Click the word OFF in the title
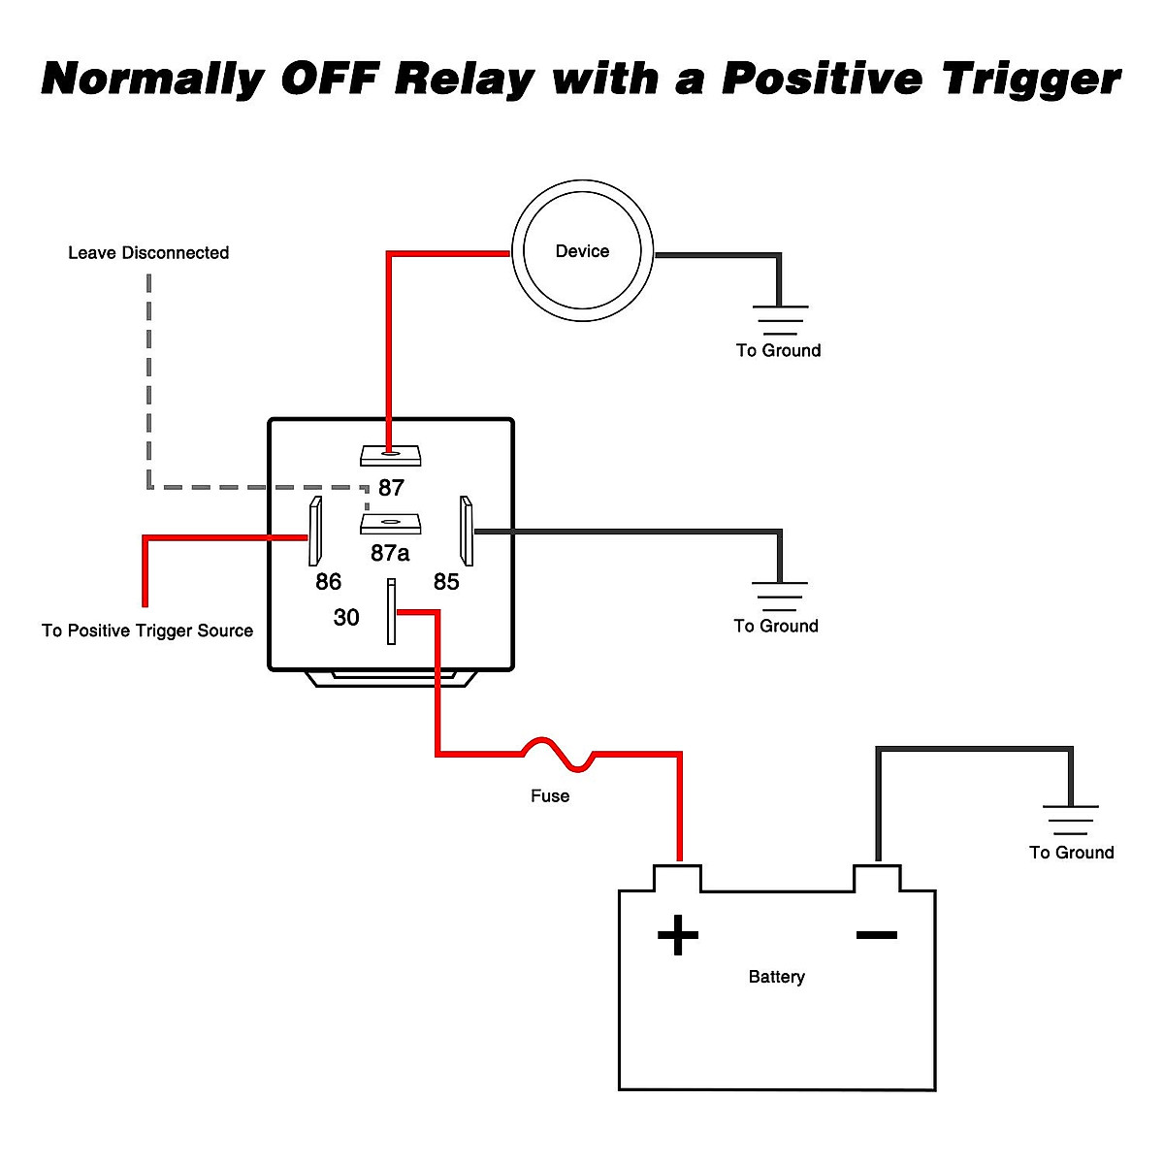pyautogui.click(x=328, y=78)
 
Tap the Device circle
pyautogui.click(x=582, y=251)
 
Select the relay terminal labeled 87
pyautogui.click(x=390, y=454)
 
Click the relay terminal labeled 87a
pyautogui.click(x=390, y=524)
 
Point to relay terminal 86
pyautogui.click(x=314, y=532)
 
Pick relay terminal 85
pyautogui.click(x=467, y=532)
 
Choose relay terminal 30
pyautogui.click(x=391, y=611)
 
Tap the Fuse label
pyautogui.click(x=550, y=796)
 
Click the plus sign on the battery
pyautogui.click(x=678, y=936)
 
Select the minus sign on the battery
pyautogui.click(x=876, y=935)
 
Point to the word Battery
pyautogui.click(x=776, y=977)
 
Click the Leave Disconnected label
pyautogui.click(x=148, y=253)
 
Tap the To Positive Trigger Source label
pyautogui.click(x=147, y=630)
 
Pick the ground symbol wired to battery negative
pyautogui.click(x=1071, y=820)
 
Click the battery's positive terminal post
pyautogui.click(x=677, y=878)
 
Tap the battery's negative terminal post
pyautogui.click(x=877, y=878)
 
